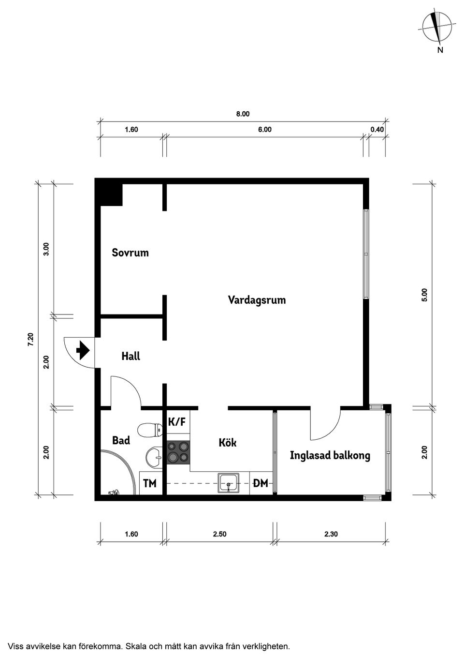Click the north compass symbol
pos(438,27)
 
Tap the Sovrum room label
pos(130,253)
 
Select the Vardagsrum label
pos(257,300)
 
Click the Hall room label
pos(130,357)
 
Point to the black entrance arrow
pos(83,349)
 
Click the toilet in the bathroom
pos(150,430)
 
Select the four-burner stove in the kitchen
pos(178,453)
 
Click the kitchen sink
pos(229,482)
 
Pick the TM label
pos(150,483)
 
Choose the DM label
pos(261,483)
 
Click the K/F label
pos(176,422)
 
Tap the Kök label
pos(228,443)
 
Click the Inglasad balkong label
pos(330,455)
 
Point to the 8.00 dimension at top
pos(243,114)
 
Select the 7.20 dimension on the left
pos(30,339)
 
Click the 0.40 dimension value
pos(377,129)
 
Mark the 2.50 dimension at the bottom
pos(219,534)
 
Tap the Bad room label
pos(121,440)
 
